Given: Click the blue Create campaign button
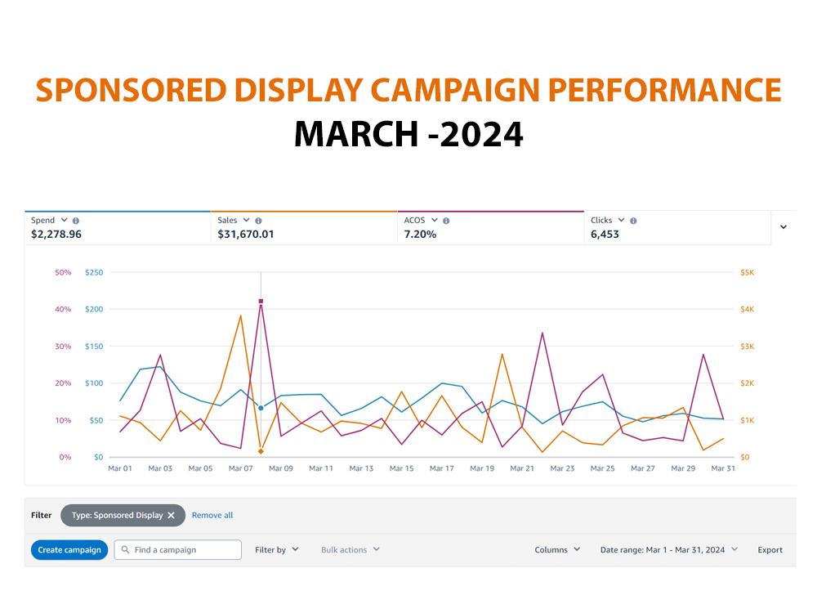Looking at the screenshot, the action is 69,550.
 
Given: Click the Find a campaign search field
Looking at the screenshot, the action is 177,550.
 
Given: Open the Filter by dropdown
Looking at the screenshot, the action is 277,550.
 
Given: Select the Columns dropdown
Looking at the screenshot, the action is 557,550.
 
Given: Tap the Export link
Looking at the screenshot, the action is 770,550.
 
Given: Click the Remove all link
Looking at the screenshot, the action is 212,515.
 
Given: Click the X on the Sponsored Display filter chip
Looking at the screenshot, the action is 171,515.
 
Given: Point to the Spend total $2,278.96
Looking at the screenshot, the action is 56,234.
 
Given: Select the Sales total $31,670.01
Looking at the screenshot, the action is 245,234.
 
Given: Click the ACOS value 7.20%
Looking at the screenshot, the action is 420,234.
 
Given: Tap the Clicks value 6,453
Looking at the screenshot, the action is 605,234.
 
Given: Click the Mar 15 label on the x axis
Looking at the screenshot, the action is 401,468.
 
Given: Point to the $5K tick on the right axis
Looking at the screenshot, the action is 748,272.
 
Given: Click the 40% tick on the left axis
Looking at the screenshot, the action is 63,309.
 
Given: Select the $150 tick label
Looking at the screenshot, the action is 94,346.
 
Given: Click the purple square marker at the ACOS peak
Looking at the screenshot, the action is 261,302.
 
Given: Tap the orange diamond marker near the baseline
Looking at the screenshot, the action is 261,451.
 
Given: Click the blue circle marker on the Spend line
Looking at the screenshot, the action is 261,408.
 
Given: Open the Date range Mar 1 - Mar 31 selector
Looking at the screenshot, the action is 668,550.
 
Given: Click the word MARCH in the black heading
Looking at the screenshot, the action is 356,134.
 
